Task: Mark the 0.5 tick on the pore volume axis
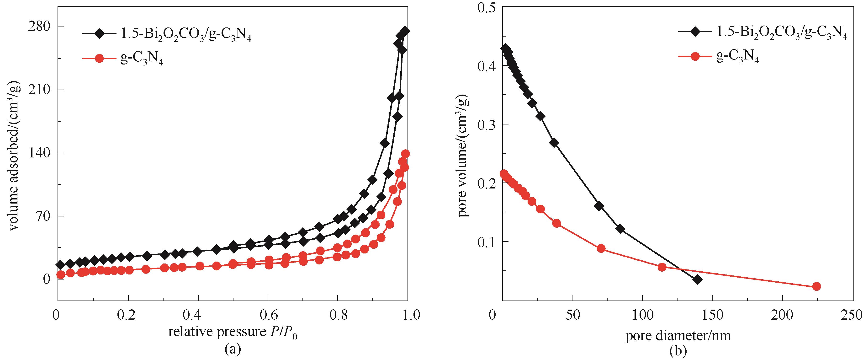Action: coord(488,7)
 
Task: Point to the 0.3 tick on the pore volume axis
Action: coord(488,124)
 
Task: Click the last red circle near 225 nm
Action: coord(816,286)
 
